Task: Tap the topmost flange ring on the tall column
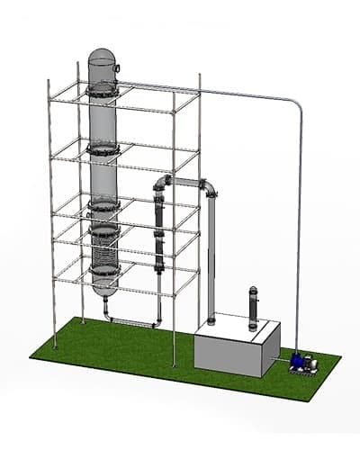click(103, 89)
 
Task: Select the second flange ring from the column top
click(103, 148)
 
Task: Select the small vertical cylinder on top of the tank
click(253, 306)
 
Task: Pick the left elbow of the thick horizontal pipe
click(162, 184)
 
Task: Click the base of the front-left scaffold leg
click(54, 346)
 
